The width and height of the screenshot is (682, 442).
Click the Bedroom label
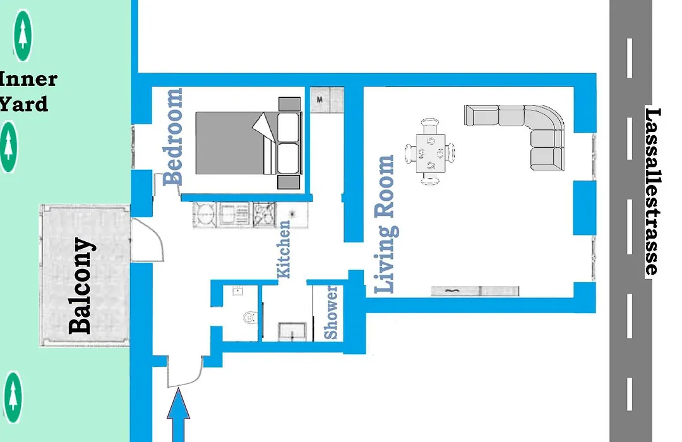[x=172, y=136]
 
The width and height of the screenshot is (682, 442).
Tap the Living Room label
[x=385, y=224]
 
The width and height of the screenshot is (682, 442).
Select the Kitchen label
[x=284, y=249]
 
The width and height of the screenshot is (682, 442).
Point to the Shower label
[x=331, y=313]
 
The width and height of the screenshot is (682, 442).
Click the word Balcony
[x=81, y=286]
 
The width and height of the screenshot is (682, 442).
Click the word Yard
[x=24, y=104]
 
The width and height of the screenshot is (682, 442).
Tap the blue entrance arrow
[x=178, y=415]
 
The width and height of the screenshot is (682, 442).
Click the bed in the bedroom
[x=248, y=143]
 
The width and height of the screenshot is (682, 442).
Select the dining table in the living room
[x=430, y=152]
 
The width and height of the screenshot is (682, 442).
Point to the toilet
[x=249, y=317]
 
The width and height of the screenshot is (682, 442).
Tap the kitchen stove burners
[x=264, y=215]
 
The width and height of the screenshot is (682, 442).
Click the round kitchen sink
[x=205, y=214]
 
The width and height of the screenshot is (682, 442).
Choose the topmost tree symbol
[x=23, y=35]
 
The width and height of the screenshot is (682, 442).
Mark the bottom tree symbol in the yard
[x=13, y=397]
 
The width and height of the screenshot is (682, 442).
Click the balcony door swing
[x=147, y=240]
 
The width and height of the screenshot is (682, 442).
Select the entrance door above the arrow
[x=185, y=371]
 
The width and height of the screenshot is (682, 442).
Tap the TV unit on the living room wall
[x=475, y=291]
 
